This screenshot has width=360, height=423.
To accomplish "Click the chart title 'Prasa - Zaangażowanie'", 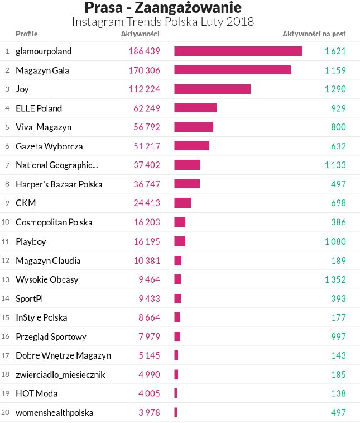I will click(163, 8).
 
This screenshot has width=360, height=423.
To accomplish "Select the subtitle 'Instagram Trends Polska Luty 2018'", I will click(163, 22).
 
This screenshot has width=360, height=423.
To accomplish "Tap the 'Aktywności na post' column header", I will click(314, 34).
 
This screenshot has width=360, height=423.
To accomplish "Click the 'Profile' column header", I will click(27, 34).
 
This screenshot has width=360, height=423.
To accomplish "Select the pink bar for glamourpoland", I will click(238, 51).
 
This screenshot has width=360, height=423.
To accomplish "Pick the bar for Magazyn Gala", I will click(232, 70).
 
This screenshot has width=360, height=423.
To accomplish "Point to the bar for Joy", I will click(212, 89).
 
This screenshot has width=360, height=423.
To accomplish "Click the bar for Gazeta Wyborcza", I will click(191, 146).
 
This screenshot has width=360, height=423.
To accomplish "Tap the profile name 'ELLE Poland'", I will click(39, 108).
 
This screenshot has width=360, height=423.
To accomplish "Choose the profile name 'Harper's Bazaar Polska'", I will click(59, 184).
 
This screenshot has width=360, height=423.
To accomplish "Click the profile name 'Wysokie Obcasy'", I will click(47, 279).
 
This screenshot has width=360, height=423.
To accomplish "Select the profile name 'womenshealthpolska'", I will click(54, 413).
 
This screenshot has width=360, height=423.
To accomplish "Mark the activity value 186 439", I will click(144, 51).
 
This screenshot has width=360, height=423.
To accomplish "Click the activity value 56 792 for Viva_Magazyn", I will click(147, 127).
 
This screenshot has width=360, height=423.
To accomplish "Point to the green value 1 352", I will click(335, 279).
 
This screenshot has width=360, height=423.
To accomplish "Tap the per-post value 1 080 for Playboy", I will click(335, 241).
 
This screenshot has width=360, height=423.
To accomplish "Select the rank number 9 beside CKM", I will click(7, 203).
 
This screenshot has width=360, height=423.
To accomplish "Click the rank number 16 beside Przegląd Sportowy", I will click(6, 337).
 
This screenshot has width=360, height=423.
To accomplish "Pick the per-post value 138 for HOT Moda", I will click(338, 394).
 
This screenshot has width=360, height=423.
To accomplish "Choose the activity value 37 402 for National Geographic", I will click(147, 165).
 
